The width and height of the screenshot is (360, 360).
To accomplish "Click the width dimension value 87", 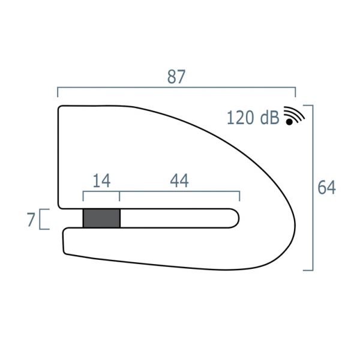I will [x=176, y=77].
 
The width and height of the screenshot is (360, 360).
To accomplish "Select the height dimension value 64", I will [x=327, y=187].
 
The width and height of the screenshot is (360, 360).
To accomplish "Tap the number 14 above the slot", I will [x=101, y=181].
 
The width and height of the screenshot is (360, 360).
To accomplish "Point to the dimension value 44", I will [x=179, y=181].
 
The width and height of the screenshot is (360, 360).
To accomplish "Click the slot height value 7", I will [x=31, y=220].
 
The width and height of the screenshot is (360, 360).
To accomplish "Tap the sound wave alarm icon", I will [x=293, y=116].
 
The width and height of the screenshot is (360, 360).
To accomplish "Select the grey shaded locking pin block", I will [x=101, y=218].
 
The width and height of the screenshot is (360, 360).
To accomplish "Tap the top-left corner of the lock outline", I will [x=60, y=108].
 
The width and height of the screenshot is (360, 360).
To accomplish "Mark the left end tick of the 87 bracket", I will [x=58, y=92].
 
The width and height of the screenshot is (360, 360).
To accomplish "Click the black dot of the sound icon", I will [x=289, y=122].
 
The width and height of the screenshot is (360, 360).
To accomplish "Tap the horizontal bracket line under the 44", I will [x=180, y=193].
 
